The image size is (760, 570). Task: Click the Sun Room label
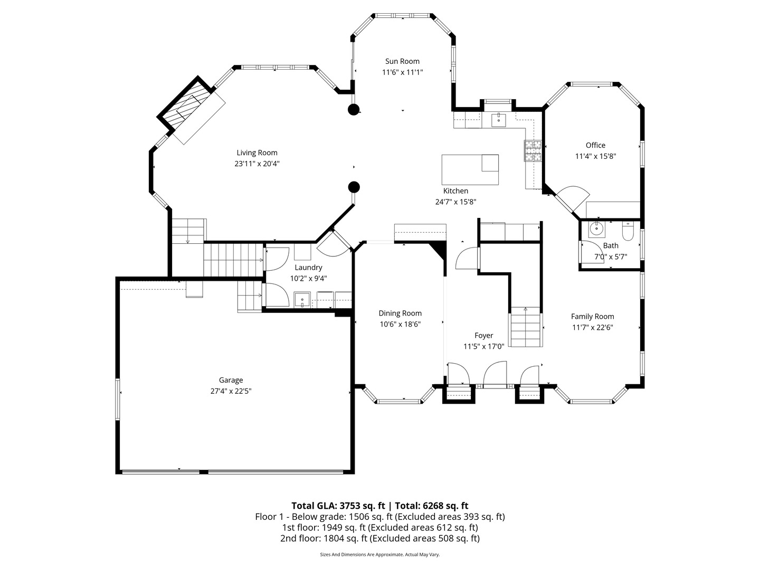pos(402,61)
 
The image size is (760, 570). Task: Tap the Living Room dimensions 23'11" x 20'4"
pos(256,164)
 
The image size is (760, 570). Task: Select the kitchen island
pos(470,170)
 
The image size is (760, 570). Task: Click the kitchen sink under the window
pos(498,120)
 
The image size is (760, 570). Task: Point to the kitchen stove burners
pos(533,150)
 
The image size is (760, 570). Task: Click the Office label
pos(595,145)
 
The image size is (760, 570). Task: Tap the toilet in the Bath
pos(628,231)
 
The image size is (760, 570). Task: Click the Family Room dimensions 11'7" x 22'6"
pos(592,327)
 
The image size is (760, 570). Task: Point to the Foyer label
pos(483,335)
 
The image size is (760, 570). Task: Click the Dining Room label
pos(400,313)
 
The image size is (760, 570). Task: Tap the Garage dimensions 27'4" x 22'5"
pos(231,391)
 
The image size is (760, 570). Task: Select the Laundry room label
pos(308,268)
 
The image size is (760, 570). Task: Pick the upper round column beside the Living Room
pos(354,110)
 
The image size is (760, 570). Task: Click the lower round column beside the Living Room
pos(354,187)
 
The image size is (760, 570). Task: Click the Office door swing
pos(573,198)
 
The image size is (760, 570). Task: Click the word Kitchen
pos(455,191)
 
